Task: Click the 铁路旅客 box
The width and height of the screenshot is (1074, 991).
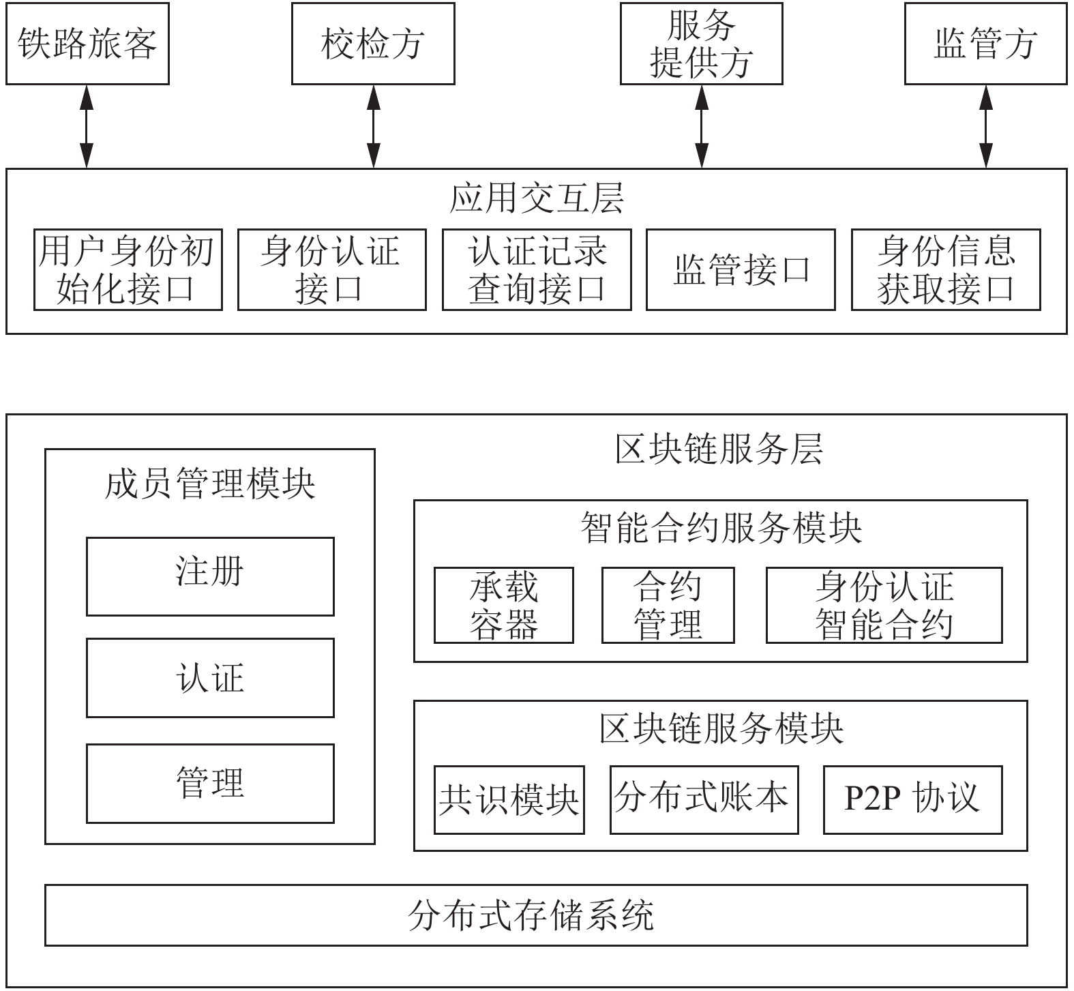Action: tap(87, 44)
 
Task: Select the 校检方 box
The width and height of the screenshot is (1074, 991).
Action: tap(373, 44)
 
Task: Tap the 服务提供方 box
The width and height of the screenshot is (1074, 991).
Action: tap(702, 44)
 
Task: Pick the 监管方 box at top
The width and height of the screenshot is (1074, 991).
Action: tap(986, 44)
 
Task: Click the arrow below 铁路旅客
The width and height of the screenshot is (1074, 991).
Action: tap(87, 126)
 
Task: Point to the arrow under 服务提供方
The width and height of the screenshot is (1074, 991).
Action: tap(702, 126)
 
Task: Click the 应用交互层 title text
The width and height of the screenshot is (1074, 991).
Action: tap(537, 198)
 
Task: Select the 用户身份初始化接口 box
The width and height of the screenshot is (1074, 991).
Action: tap(128, 270)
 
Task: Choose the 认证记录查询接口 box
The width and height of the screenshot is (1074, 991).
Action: tap(537, 270)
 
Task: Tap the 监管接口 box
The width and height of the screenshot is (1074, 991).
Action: tap(741, 270)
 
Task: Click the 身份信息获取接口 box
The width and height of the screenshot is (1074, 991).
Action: tap(946, 270)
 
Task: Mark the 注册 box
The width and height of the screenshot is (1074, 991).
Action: tap(210, 576)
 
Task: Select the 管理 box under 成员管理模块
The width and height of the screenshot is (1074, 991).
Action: tap(210, 784)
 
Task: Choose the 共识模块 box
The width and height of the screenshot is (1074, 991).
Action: tap(509, 800)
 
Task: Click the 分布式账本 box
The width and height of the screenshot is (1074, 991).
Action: tap(704, 800)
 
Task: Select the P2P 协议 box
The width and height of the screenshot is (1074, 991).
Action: tap(913, 800)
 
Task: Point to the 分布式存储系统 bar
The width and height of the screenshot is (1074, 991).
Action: tap(536, 915)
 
